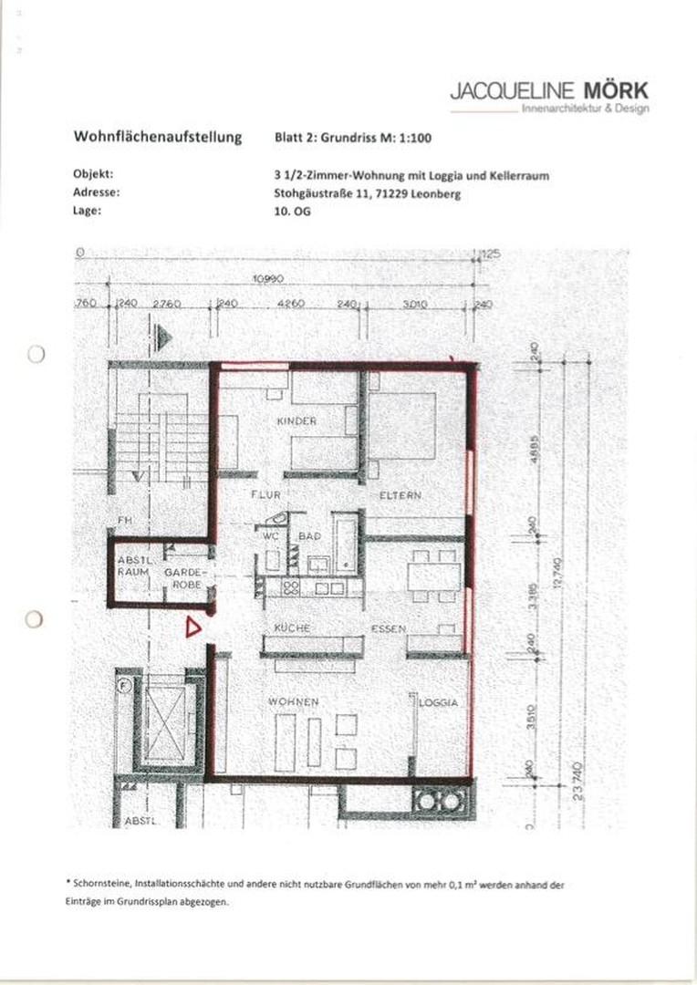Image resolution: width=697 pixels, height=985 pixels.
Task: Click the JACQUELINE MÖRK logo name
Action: click(548, 90)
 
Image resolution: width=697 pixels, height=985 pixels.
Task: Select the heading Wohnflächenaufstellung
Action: click(157, 137)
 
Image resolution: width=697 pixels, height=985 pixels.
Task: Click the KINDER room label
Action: click(296, 421)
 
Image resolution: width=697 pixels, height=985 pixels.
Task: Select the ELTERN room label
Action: click(401, 495)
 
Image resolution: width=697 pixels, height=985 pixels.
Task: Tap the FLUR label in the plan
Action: click(265, 494)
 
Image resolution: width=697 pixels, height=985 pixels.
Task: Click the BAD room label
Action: click(309, 536)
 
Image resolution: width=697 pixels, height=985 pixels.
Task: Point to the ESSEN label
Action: click(388, 628)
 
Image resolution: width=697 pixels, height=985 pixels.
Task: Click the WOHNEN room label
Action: click(293, 701)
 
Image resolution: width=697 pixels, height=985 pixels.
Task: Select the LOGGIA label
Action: click(438, 703)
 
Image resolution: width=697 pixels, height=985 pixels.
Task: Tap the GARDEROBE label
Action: click(187, 577)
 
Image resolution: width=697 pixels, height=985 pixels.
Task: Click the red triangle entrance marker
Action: click(192, 627)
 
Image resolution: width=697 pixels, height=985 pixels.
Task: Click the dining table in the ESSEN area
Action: click(434, 576)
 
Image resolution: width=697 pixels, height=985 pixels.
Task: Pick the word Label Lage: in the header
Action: click(88, 210)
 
